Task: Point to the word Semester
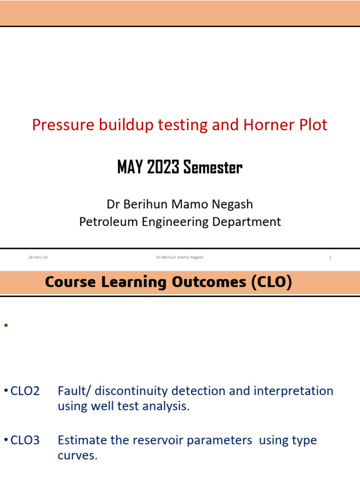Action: click(x=213, y=167)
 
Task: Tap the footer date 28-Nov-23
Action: click(x=38, y=257)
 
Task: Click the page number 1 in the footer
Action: click(x=330, y=257)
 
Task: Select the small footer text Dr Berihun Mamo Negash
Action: click(x=180, y=257)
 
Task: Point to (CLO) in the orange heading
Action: click(x=271, y=283)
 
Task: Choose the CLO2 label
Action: click(x=24, y=391)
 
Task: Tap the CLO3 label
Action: click(x=24, y=440)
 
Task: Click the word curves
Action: click(x=77, y=456)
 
